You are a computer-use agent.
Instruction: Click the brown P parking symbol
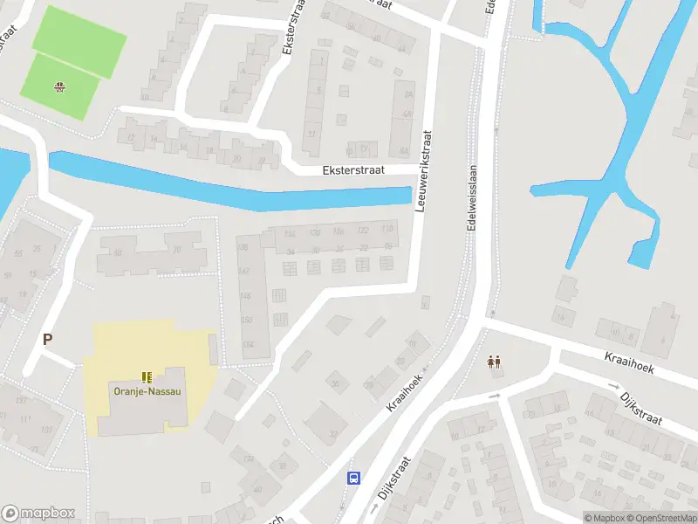[x=47, y=340]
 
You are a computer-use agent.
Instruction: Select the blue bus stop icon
[x=354, y=477]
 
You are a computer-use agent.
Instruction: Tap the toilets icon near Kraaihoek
[x=494, y=361]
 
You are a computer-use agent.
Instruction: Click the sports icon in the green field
[x=60, y=86]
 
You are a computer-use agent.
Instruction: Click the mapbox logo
[x=38, y=514]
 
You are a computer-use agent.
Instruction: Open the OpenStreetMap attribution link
[x=660, y=518]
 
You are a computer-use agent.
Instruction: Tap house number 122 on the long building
[x=363, y=230]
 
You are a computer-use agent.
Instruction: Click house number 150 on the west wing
[x=246, y=320]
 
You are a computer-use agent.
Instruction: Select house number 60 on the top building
[x=376, y=38]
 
